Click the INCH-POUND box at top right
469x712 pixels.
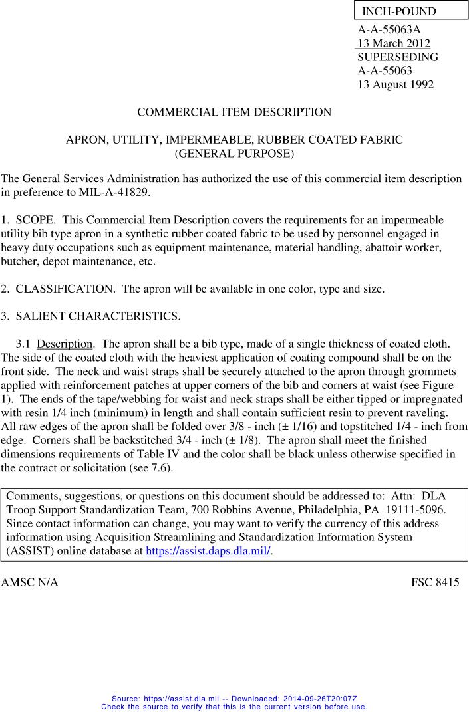410,11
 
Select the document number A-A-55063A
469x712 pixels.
389,29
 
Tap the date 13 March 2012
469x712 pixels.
394,43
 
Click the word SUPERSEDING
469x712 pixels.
398,57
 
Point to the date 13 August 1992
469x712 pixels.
395,84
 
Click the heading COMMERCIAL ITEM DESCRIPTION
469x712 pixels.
234,112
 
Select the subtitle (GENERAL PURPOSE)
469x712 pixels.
234,154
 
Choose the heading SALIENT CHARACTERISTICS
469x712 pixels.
98,316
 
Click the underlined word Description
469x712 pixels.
65,344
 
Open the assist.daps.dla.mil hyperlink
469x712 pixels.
208,551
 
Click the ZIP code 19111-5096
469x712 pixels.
414,509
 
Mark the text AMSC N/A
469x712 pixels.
30,582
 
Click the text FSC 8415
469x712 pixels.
435,582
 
